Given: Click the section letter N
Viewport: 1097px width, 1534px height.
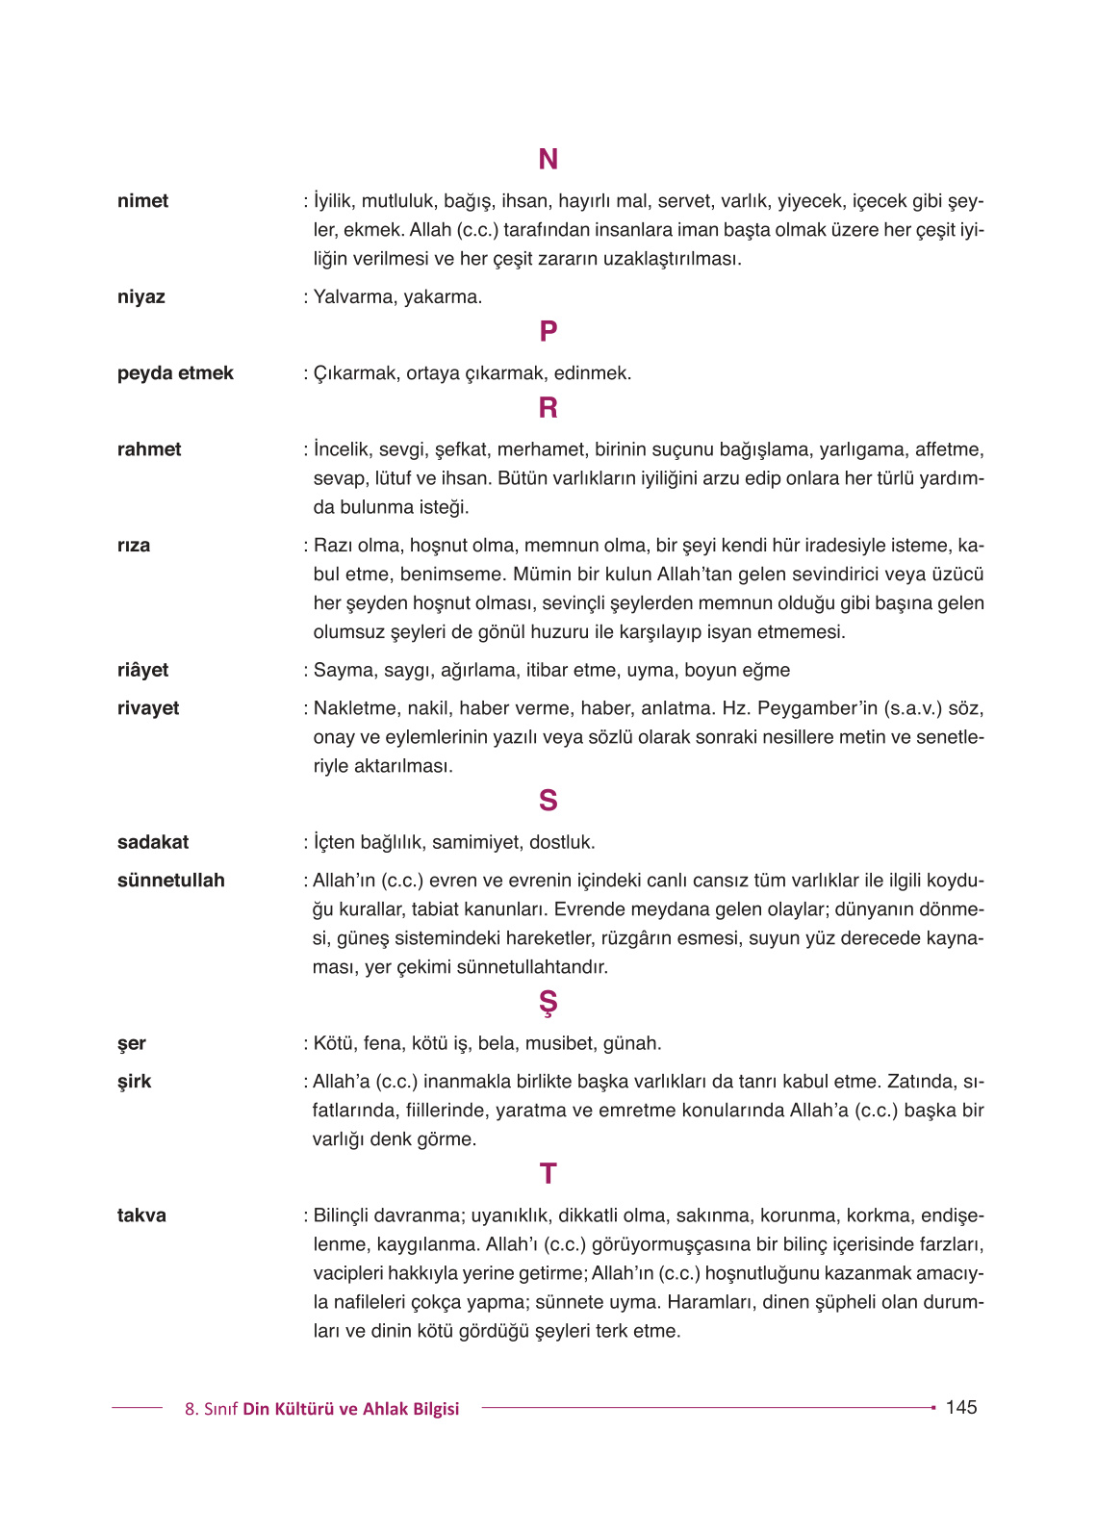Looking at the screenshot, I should [x=548, y=159].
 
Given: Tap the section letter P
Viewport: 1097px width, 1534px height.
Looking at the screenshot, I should [x=548, y=331].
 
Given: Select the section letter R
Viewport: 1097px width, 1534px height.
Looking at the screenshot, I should [x=548, y=408].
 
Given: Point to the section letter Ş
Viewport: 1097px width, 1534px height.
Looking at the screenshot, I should [x=548, y=1003].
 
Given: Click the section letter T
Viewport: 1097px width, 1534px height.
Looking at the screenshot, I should [x=548, y=1173].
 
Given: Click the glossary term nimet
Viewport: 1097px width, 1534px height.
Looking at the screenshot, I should [x=142, y=201].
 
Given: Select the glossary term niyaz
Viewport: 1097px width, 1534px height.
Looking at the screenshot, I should [x=140, y=296].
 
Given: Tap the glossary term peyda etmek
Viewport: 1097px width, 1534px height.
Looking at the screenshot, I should [x=175, y=373].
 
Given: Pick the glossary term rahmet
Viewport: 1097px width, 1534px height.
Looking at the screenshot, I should [x=149, y=449].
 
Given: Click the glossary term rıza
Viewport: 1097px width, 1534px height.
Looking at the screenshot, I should [x=134, y=546].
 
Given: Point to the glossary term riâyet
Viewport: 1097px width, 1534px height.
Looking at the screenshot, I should [x=142, y=670].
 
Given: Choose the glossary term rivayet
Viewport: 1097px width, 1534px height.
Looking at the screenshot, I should [x=148, y=708].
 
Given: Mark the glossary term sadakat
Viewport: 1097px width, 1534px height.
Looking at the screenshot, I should [x=153, y=842].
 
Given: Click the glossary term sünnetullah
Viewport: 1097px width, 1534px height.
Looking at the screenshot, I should [x=170, y=881].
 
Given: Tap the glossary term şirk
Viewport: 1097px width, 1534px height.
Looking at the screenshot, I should [x=135, y=1082].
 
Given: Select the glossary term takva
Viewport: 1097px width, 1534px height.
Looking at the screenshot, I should [x=141, y=1215].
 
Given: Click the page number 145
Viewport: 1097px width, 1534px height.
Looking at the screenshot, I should [x=960, y=1407].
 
